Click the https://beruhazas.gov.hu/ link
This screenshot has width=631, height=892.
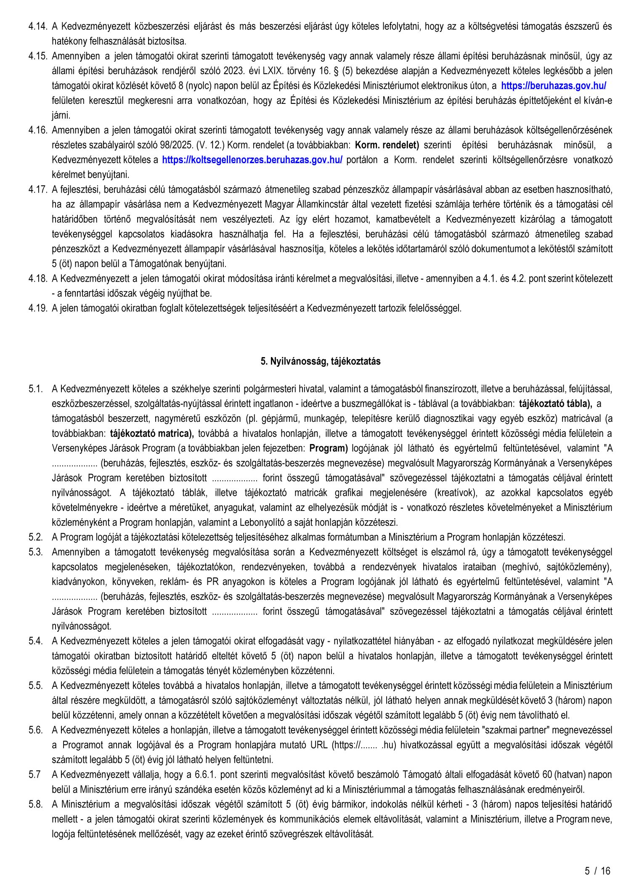coord(553,86)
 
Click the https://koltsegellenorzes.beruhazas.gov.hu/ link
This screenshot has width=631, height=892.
coord(252,160)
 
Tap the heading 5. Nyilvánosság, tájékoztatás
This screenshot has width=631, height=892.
coord(321,361)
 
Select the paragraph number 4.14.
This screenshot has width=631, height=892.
coord(37,26)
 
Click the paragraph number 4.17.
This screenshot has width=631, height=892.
coord(37,189)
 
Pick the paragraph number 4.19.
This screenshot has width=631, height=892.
coord(37,308)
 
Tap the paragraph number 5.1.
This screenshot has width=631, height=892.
coord(35,389)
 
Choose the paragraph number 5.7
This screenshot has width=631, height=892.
coord(35,774)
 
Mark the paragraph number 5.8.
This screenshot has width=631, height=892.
coord(36,804)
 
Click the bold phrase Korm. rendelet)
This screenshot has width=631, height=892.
coord(387,145)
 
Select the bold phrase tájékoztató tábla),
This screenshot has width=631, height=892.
coord(556,404)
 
